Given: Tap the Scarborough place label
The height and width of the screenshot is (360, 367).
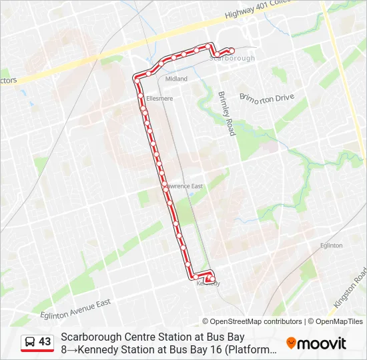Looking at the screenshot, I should click(x=232, y=59).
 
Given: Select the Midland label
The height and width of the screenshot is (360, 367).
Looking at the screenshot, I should click(x=176, y=79).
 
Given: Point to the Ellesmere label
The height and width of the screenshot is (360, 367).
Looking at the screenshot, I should click(x=159, y=99).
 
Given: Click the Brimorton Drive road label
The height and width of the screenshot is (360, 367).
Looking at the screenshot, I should click(x=266, y=98).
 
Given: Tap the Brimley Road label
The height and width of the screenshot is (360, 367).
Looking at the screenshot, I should click(x=227, y=113).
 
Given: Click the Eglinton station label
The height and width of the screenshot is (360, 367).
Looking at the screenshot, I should click(x=331, y=245).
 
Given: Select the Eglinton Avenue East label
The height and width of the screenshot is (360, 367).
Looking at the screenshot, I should click(x=76, y=303).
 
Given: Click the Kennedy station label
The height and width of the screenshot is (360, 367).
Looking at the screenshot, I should click(x=208, y=284).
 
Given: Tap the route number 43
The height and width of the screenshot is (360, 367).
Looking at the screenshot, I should click(x=45, y=342).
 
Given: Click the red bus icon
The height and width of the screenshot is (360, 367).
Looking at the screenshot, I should click(x=30, y=342).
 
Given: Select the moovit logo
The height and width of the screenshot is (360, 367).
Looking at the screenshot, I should click(x=316, y=343).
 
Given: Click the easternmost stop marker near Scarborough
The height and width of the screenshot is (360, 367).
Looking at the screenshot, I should click(x=232, y=50).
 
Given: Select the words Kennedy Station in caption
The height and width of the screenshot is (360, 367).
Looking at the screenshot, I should click(x=115, y=349).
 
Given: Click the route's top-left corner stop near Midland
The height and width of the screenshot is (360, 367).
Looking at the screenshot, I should click(x=137, y=76).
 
